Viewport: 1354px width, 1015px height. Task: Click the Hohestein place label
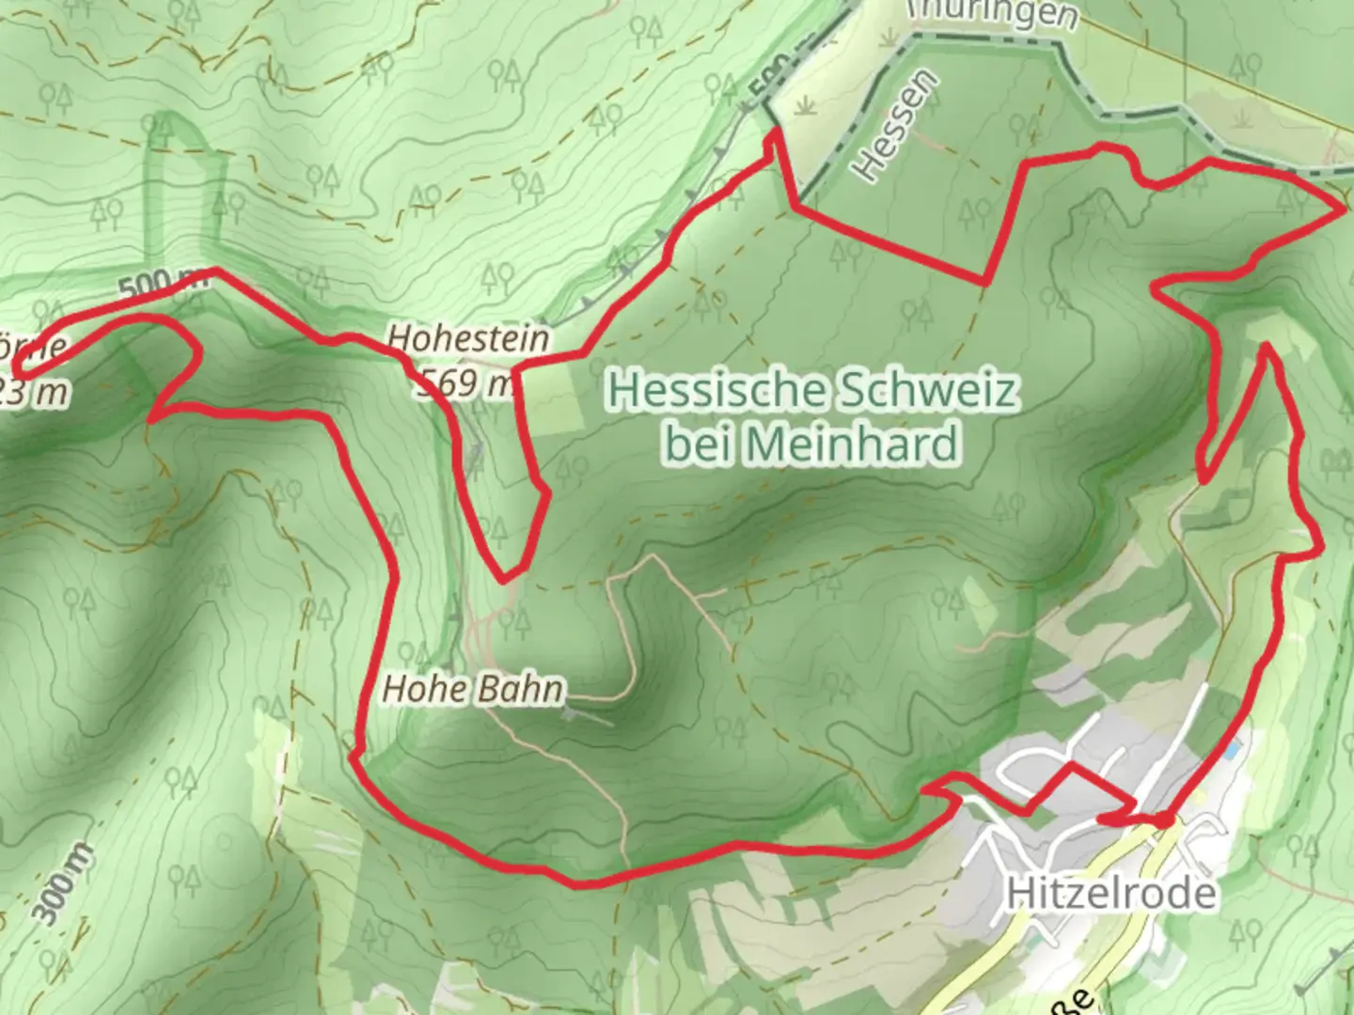468,338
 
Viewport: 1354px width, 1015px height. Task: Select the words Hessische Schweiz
812,389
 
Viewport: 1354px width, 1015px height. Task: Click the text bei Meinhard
812,444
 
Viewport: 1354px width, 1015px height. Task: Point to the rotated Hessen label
895,126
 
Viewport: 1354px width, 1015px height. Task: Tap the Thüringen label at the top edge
992,13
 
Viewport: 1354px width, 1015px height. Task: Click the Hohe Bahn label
473,689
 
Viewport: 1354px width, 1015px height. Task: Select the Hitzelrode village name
1111,893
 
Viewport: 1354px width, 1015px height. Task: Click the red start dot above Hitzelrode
1164,820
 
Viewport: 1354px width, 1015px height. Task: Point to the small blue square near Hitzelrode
1232,752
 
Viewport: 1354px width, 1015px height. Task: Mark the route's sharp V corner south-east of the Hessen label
986,281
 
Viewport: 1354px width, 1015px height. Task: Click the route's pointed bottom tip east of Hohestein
506,579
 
